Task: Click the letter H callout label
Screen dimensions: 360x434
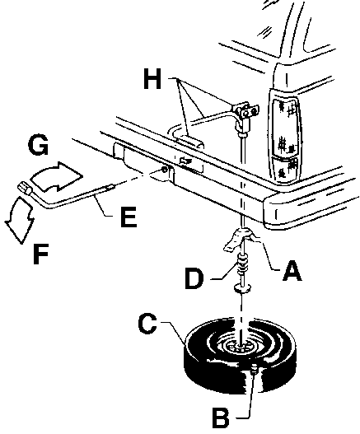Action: pyautogui.click(x=152, y=79)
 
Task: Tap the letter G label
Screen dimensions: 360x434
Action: pyautogui.click(x=39, y=145)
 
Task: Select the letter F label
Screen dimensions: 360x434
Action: pyautogui.click(x=40, y=254)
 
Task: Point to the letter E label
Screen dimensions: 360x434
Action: pyautogui.click(x=129, y=217)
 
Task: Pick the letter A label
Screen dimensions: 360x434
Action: pyautogui.click(x=292, y=270)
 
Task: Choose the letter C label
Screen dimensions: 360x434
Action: pyautogui.click(x=147, y=324)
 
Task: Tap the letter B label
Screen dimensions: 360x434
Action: pyautogui.click(x=221, y=417)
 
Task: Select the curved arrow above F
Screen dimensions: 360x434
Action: pyautogui.click(x=20, y=219)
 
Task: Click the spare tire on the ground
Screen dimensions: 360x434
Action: pyautogui.click(x=240, y=356)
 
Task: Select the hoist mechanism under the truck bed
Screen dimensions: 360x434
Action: pyautogui.click(x=245, y=115)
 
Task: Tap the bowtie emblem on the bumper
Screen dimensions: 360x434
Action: pyautogui.click(x=184, y=160)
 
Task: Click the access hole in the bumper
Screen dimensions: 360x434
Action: pyautogui.click(x=164, y=170)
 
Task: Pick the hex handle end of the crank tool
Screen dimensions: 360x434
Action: pyautogui.click(x=25, y=188)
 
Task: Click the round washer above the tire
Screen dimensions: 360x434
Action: pyautogui.click(x=242, y=288)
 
